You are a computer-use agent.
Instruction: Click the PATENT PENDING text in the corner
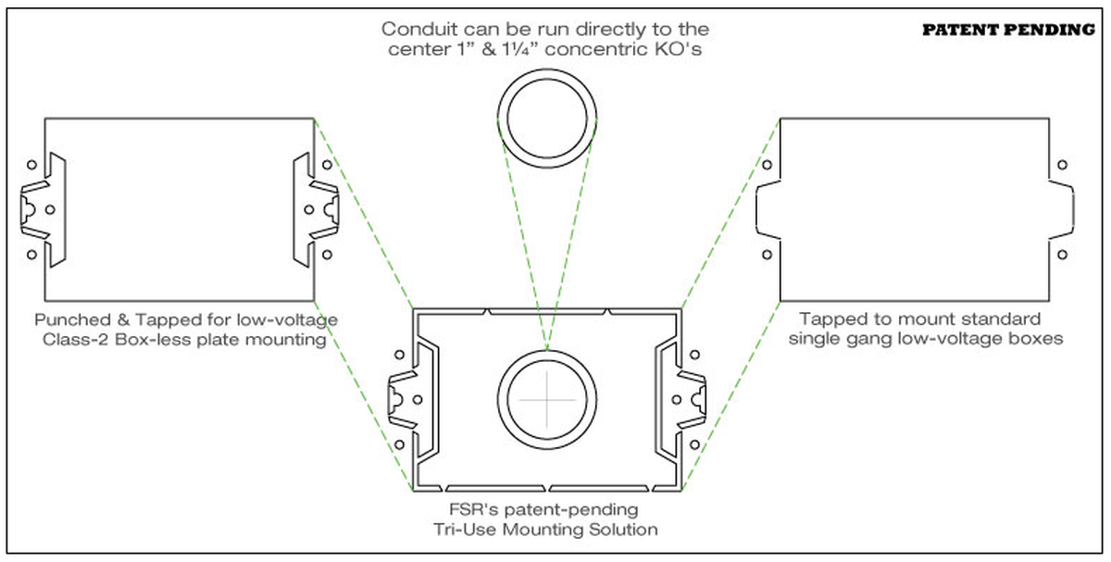click(1008, 30)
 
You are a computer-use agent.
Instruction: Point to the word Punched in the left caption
click(70, 320)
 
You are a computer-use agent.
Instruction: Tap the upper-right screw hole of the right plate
click(1062, 165)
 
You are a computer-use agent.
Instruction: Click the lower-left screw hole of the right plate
click(767, 254)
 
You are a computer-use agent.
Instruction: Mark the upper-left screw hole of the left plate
click(31, 165)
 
